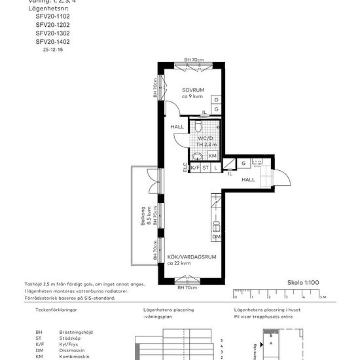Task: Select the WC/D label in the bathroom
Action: pos(206,139)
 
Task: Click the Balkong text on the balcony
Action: pos(142,216)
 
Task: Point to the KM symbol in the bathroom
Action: pos(212,156)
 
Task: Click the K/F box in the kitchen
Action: pos(194,168)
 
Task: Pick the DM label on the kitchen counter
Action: pos(215,236)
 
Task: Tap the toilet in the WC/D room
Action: pos(198,126)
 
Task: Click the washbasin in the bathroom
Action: pos(196,156)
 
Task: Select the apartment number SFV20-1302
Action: pos(52,33)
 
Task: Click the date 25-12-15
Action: pos(52,49)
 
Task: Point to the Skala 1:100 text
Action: pos(303,282)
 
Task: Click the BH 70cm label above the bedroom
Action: pos(194,60)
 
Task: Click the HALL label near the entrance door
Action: pos(248,179)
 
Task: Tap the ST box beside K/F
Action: pos(205,168)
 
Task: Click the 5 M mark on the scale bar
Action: pos(322,297)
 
